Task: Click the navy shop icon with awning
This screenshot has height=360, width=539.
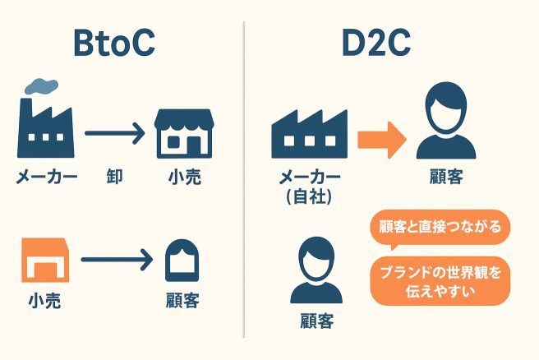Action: click(x=183, y=133)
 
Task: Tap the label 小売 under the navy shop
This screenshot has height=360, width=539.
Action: click(x=184, y=177)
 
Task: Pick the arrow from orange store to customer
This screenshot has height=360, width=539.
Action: click(x=116, y=262)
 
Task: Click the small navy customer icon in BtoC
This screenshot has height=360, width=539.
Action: click(x=182, y=262)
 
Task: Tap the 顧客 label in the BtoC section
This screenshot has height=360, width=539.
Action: click(x=182, y=300)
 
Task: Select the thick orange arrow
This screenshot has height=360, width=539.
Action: click(x=381, y=136)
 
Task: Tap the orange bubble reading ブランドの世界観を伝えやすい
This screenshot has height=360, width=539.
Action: click(x=440, y=280)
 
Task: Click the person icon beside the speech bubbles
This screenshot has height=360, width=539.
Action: click(x=317, y=270)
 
